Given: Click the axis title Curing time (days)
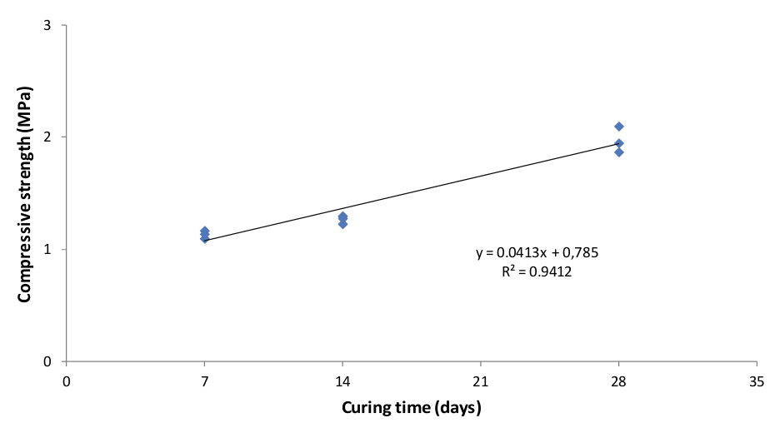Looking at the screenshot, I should pos(411,407).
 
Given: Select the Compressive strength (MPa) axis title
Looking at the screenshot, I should pos(25,193).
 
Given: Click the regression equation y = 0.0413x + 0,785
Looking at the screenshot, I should pos(537,252).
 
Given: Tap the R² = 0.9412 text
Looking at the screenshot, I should pos(537,270).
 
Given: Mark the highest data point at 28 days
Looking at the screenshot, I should pos(619,127).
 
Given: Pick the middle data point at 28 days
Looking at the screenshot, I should pos(619,143).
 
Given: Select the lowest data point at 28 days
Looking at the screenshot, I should pos(619,152).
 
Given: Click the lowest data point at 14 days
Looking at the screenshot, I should pos(342,224).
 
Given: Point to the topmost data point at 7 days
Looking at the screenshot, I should pos(205,231).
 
